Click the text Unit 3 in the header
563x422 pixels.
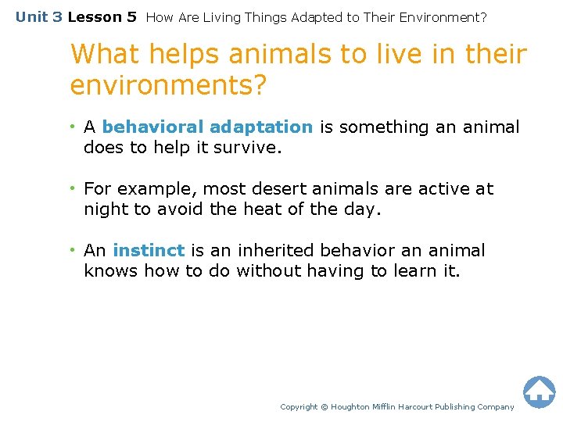[x=39, y=16]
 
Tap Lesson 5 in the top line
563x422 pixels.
[x=102, y=16]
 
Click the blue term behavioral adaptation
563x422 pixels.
[x=207, y=127]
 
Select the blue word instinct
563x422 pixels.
[x=149, y=251]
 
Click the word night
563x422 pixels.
[x=105, y=209]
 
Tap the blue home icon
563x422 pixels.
[x=539, y=392]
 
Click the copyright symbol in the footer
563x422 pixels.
[x=325, y=407]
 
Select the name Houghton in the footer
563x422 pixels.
[x=351, y=407]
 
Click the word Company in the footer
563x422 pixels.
[x=496, y=407]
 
